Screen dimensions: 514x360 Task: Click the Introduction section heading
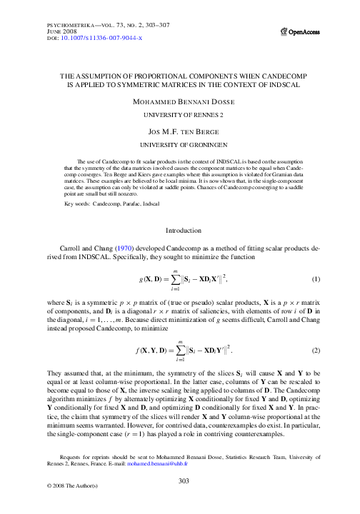point(180,231)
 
